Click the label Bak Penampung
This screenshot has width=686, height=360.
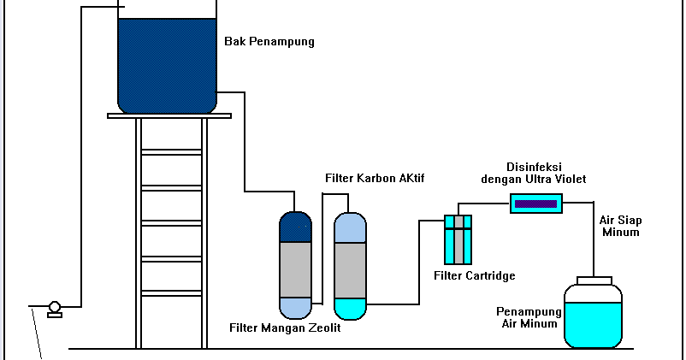(269, 41)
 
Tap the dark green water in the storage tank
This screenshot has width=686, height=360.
(167, 64)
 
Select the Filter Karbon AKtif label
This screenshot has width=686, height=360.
(375, 178)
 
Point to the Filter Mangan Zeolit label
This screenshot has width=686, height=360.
(285, 328)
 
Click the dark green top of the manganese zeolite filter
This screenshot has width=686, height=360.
(295, 227)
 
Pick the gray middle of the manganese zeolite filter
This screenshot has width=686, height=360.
(295, 269)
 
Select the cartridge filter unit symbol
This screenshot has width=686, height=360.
(458, 239)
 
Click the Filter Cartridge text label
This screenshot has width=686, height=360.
(474, 275)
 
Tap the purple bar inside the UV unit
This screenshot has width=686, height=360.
(535, 204)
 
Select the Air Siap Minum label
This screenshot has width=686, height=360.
(620, 226)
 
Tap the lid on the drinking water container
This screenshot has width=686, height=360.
(594, 280)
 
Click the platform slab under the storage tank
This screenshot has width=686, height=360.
(169, 115)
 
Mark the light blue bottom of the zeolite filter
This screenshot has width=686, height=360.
(295, 306)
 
